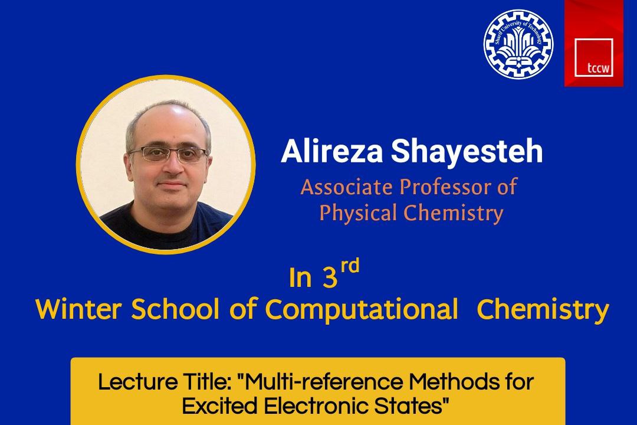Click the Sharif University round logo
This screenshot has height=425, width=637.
point(518,44)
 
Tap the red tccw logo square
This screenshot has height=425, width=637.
point(593,43)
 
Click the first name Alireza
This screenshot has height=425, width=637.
point(332,151)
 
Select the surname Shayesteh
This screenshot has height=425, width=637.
point(467,151)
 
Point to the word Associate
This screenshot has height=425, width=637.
point(347,187)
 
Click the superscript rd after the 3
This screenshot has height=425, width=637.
point(350,266)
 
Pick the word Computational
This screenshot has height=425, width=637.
point(361,310)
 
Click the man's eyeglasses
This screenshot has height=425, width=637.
point(168,154)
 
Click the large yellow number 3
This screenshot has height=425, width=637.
point(330,278)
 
